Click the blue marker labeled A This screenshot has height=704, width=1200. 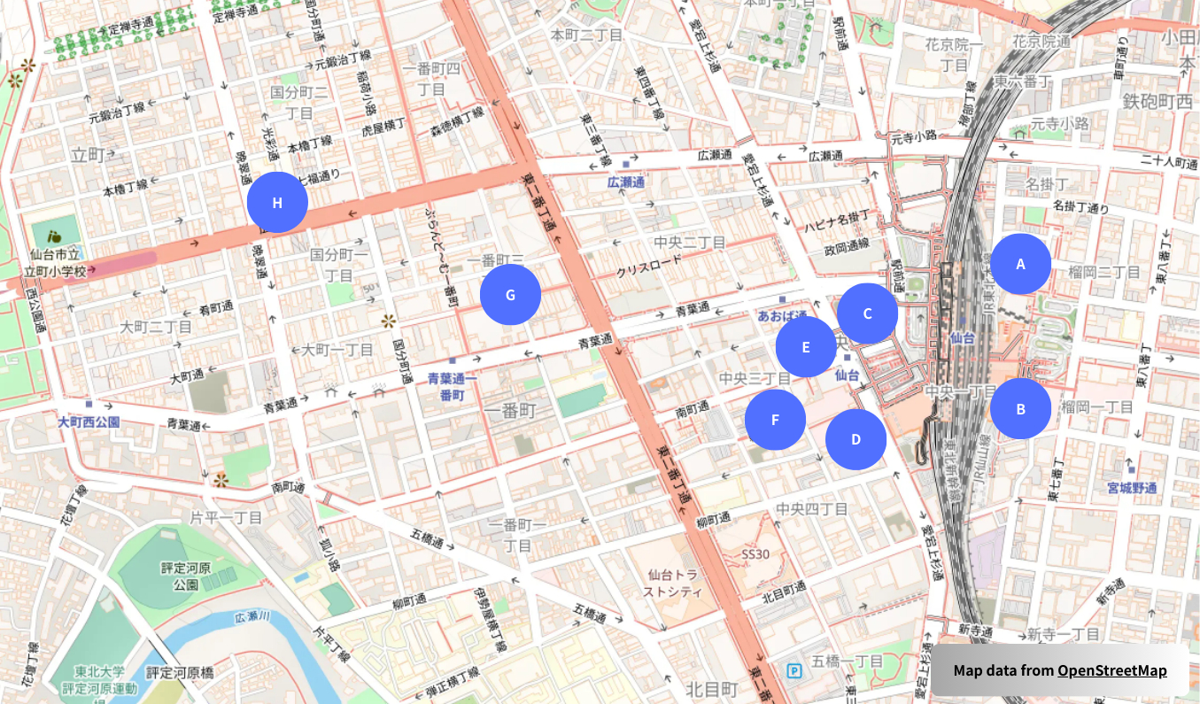(x=1020, y=264)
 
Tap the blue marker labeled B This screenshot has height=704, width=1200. (x=1020, y=409)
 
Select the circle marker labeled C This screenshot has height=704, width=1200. (x=867, y=313)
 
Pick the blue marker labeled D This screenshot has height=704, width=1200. (x=855, y=439)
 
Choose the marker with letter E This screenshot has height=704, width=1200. (x=805, y=347)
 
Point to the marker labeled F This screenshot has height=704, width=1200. (x=775, y=420)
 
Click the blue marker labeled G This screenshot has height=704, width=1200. (x=510, y=295)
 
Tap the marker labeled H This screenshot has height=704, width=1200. (x=277, y=203)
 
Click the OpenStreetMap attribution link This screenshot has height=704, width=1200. (x=1111, y=670)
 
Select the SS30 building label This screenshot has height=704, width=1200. (x=758, y=554)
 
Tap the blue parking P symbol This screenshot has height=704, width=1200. (x=794, y=670)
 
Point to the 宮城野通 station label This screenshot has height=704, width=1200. (x=1132, y=487)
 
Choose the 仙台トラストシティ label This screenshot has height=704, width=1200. (x=673, y=583)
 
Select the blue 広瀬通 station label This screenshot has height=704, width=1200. (x=625, y=182)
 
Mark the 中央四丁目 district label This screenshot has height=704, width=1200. (x=812, y=509)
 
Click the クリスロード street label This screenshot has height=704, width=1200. (x=650, y=265)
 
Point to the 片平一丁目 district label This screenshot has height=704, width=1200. (x=226, y=516)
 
